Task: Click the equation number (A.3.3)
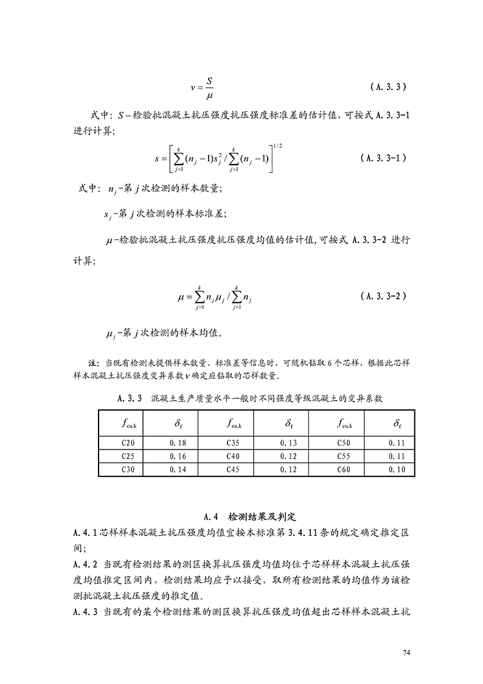click(387, 87)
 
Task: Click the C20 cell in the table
click(128, 443)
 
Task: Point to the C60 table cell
click(344, 470)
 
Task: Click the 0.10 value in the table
click(397, 470)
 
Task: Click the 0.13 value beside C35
click(288, 443)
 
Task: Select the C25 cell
click(128, 456)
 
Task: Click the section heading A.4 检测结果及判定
click(249, 517)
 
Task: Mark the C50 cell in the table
click(344, 443)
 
